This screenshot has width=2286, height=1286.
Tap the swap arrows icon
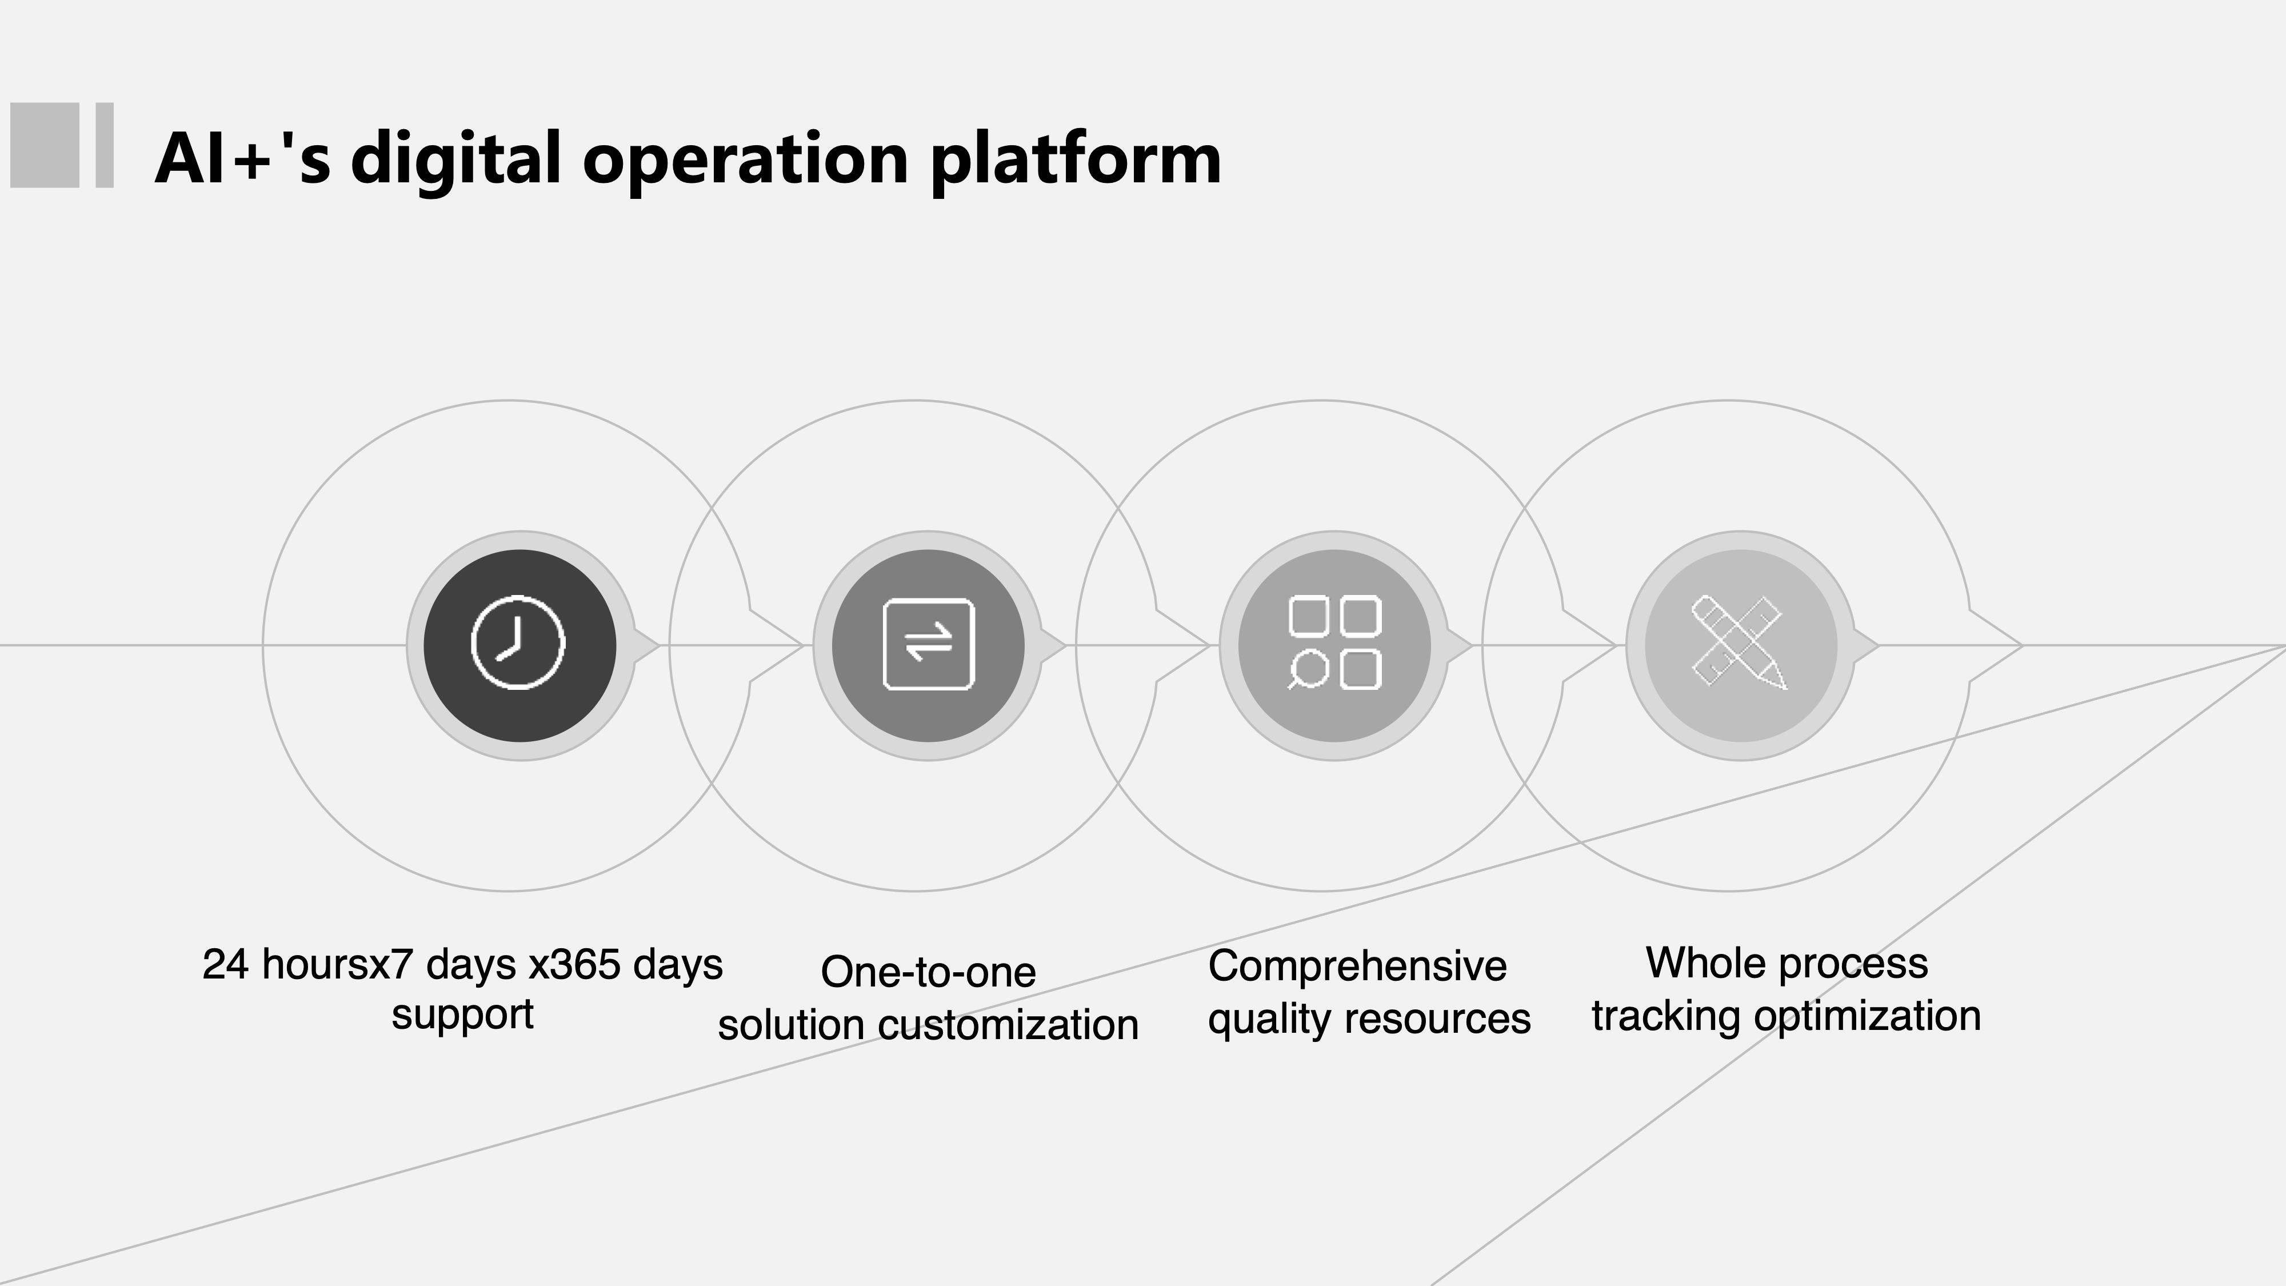pos(928,644)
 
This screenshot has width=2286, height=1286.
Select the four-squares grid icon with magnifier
pos(1334,642)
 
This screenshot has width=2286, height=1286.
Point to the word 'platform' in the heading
pos(1076,161)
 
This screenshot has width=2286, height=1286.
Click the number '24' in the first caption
pos(225,965)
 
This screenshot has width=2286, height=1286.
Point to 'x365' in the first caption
pos(574,965)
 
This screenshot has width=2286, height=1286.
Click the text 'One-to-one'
pos(928,972)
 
